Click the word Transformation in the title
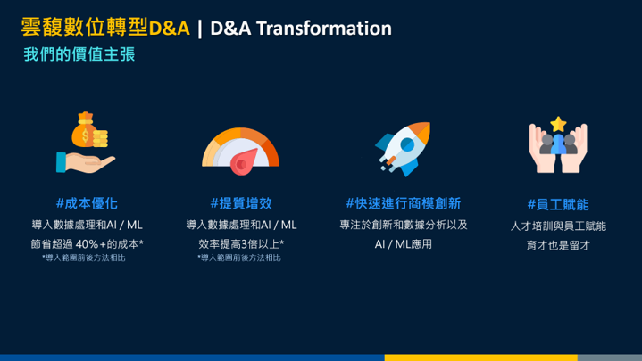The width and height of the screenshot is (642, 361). [324, 29]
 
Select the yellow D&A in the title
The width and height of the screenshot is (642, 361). [170, 29]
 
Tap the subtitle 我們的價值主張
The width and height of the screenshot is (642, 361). [79, 54]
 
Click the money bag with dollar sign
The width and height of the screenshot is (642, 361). [85, 130]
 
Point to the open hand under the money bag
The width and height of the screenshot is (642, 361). [86, 162]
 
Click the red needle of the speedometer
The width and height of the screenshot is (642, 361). [244, 161]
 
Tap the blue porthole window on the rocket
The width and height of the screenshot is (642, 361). [407, 144]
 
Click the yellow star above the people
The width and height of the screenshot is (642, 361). [558, 124]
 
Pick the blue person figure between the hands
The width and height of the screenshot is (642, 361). [558, 144]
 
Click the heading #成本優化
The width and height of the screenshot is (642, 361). [87, 203]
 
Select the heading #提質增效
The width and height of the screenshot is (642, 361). [241, 203]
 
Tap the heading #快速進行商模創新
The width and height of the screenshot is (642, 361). [404, 203]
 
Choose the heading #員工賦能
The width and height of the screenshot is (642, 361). [558, 204]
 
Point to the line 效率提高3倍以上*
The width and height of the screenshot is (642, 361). [241, 244]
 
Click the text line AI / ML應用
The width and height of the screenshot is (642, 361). [404, 244]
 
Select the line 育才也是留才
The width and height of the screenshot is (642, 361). [558, 245]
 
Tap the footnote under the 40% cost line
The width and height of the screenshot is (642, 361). [84, 258]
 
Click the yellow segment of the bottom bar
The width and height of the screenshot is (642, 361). [481, 357]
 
